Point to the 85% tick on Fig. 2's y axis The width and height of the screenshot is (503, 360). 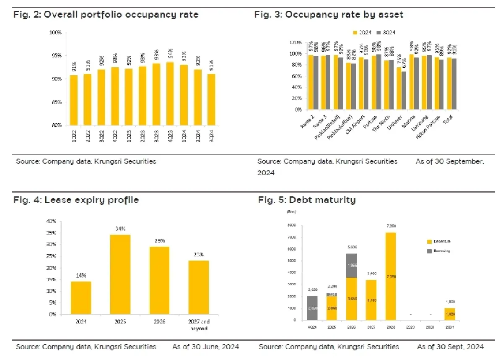[56, 102]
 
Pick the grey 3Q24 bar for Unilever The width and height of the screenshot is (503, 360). [404, 90]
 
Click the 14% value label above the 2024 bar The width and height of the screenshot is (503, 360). [81, 275]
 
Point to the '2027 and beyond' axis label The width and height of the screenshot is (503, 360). [199, 326]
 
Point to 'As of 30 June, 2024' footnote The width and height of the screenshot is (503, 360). [205, 347]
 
